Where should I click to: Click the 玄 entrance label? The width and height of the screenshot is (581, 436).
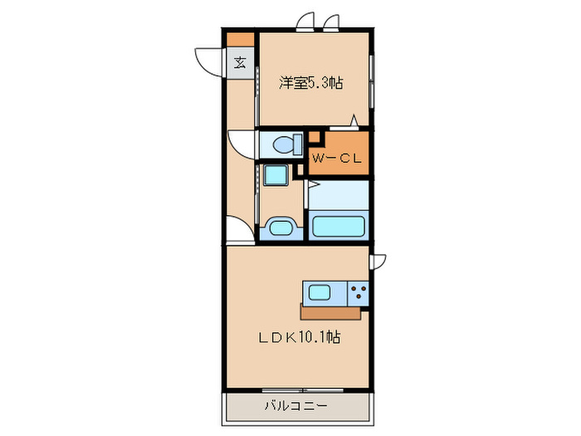click(x=239, y=62)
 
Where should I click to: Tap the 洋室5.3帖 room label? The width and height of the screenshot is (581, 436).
click(x=310, y=82)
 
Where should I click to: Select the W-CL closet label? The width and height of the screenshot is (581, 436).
click(x=335, y=159)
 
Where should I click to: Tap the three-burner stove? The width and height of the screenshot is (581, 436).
click(x=359, y=293)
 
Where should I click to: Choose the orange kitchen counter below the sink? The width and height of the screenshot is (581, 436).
click(x=332, y=314)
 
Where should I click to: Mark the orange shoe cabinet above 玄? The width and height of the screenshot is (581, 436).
click(x=239, y=38)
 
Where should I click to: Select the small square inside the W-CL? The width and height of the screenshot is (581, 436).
click(x=315, y=139)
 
